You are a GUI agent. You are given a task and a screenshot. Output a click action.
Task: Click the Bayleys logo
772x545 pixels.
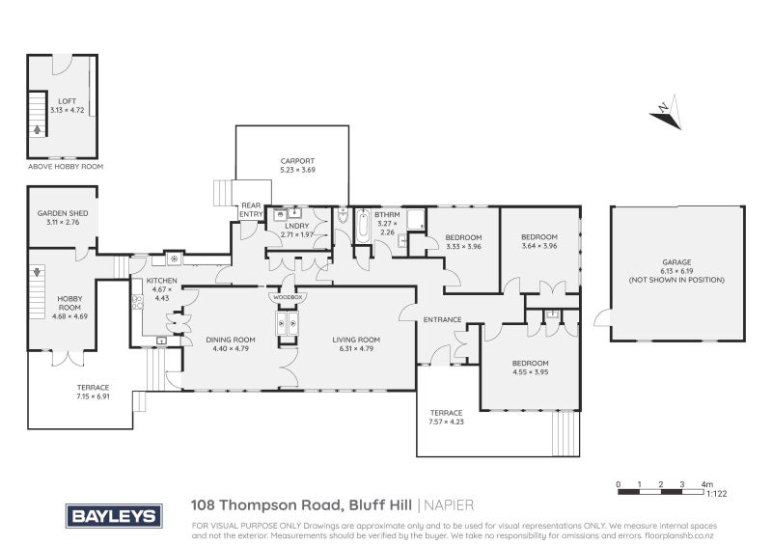click(113, 516)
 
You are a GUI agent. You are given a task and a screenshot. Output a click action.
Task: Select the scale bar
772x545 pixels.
click(665, 492)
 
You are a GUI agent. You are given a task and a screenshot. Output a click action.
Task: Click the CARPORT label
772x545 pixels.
click(297, 161)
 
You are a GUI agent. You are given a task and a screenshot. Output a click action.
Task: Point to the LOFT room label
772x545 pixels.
click(67, 99)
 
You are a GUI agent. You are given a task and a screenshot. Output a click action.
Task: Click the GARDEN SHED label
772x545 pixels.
click(63, 213)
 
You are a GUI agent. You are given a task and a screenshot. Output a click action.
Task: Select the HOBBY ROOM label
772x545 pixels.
click(69, 304)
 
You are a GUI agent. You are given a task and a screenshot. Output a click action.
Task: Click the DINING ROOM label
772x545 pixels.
click(230, 339)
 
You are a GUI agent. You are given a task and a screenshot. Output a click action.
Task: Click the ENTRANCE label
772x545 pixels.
click(442, 319)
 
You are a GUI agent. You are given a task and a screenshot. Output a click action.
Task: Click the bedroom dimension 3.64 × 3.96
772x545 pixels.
click(539, 246)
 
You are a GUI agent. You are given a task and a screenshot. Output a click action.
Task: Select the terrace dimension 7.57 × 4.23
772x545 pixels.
click(447, 421)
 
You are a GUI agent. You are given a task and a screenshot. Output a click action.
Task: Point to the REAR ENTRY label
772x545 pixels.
click(251, 209)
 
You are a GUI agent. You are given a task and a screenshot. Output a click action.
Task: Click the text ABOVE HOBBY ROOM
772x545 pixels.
click(66, 167)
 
